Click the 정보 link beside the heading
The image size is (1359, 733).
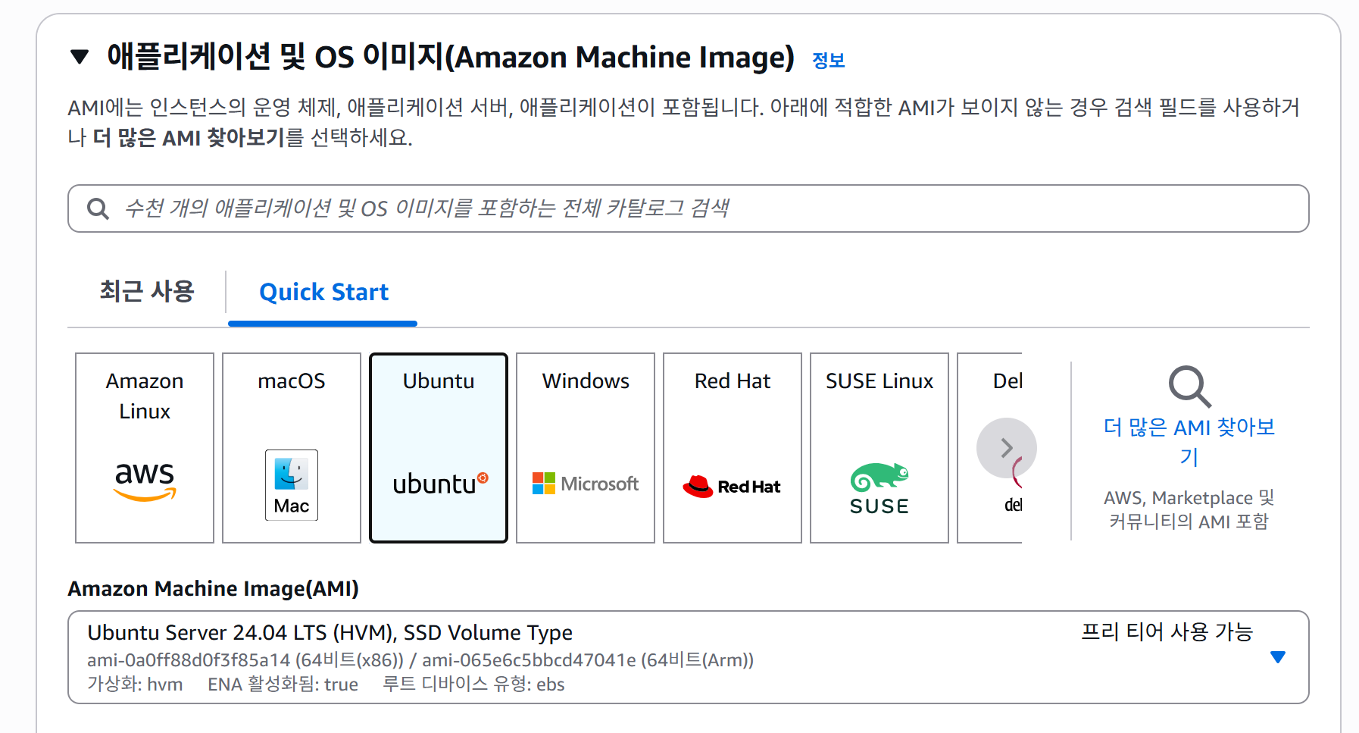(x=828, y=61)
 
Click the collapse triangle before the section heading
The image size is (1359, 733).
(x=80, y=57)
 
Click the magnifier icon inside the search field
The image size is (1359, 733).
(x=98, y=208)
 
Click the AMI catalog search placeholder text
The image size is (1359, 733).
(x=426, y=208)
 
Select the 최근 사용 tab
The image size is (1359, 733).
(x=147, y=292)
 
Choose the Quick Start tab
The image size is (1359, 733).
(x=323, y=293)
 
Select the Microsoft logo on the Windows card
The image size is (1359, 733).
(x=586, y=484)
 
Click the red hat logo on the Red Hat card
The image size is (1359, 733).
(x=732, y=486)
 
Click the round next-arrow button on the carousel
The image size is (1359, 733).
(x=1006, y=448)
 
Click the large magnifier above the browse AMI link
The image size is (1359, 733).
(x=1189, y=387)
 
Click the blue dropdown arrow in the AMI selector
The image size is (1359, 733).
(x=1278, y=657)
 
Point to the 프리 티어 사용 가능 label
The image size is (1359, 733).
(x=1167, y=632)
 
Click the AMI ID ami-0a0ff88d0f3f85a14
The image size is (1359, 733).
(x=189, y=660)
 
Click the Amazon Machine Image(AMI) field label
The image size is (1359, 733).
(x=214, y=589)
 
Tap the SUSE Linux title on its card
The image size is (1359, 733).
(x=879, y=381)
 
